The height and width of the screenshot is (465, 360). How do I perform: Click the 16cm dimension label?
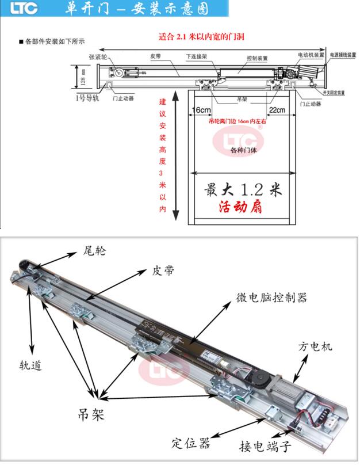tap(201, 110)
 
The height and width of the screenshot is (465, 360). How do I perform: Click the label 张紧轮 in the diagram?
tap(97, 57)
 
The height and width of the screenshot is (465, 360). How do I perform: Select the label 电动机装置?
tap(311, 55)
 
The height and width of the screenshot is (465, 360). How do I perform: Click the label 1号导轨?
tap(88, 98)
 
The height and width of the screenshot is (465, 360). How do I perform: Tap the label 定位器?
tap(191, 443)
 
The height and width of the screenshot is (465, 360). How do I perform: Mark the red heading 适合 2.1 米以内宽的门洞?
tap(202, 36)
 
